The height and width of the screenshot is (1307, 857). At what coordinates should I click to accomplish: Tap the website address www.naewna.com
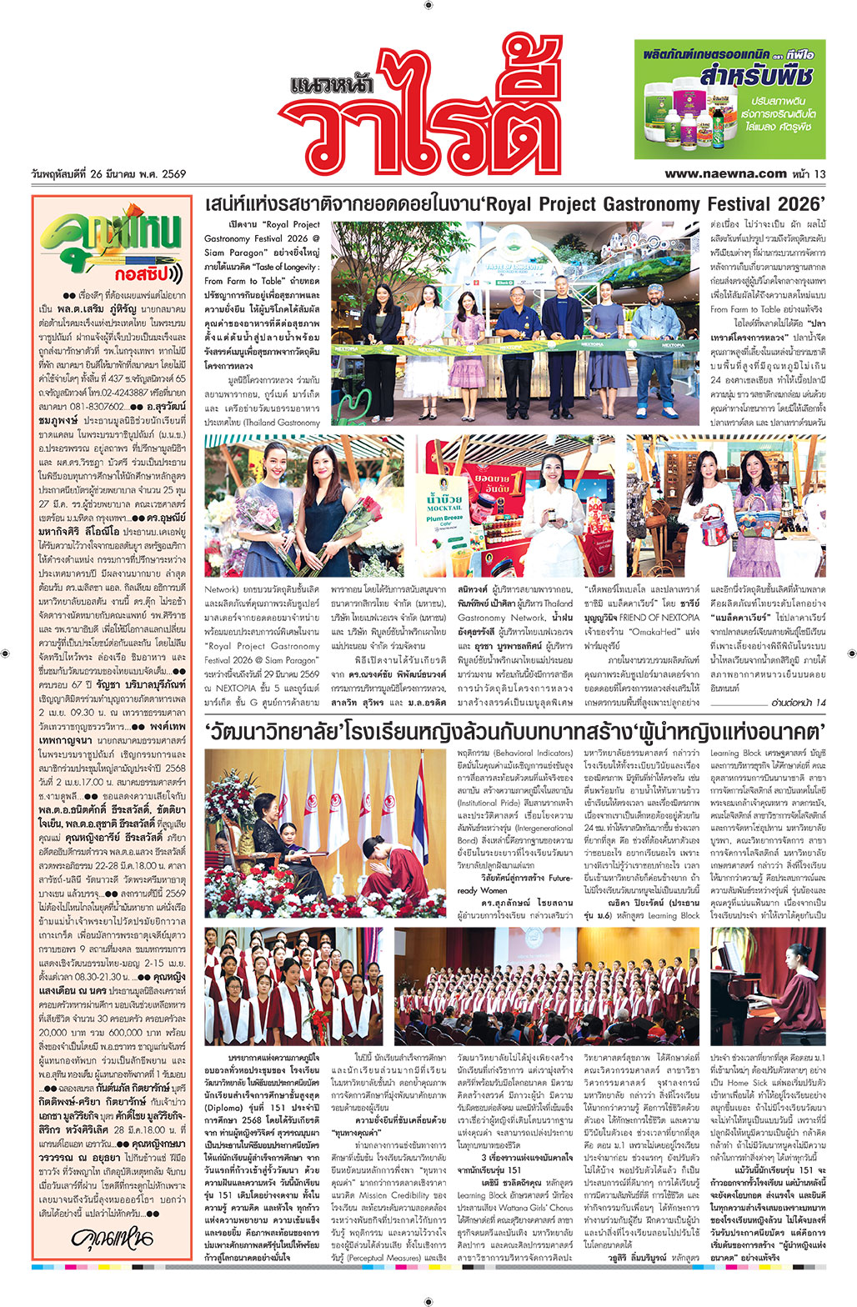pos(725,174)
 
